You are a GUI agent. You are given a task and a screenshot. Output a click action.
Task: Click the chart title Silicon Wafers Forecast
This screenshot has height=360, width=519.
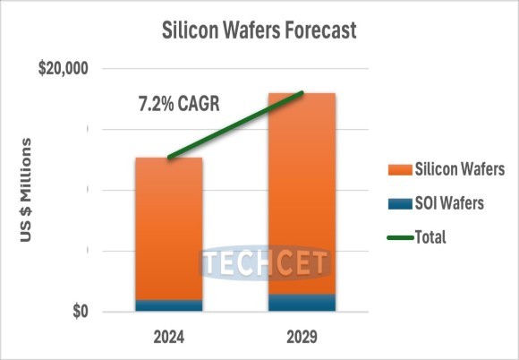259,29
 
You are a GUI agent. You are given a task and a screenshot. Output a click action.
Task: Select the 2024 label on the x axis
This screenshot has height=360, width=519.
168,339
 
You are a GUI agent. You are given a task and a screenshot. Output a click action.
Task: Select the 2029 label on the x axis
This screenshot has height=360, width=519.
302,339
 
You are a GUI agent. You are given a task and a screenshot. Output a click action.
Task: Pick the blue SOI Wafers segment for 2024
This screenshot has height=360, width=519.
168,305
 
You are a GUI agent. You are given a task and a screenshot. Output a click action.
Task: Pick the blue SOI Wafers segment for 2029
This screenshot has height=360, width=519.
302,303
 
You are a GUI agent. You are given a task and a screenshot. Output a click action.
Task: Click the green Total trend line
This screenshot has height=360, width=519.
235,125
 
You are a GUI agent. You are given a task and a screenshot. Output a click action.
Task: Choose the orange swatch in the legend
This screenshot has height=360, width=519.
396,170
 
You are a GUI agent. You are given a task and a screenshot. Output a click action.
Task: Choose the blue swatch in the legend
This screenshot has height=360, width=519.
396,204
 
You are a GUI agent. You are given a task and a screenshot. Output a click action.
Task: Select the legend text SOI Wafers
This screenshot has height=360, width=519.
448,204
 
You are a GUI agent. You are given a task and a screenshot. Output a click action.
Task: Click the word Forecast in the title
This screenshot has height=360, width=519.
317,29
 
